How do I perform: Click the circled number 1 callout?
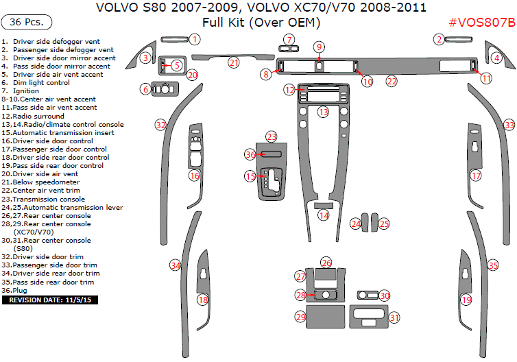[195, 39]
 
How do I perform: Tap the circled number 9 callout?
[320, 47]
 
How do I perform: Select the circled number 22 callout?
[392, 81]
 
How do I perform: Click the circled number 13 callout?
[323, 111]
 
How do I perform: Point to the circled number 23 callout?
[272, 136]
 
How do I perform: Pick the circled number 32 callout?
[160, 125]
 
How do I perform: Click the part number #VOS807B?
[481, 23]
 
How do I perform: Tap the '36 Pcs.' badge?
[27, 23]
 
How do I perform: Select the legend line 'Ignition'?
[26, 91]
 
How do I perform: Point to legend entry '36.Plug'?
[19, 290]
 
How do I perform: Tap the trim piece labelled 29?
[326, 317]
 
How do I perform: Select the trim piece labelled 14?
[323, 205]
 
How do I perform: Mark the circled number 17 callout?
[476, 176]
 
